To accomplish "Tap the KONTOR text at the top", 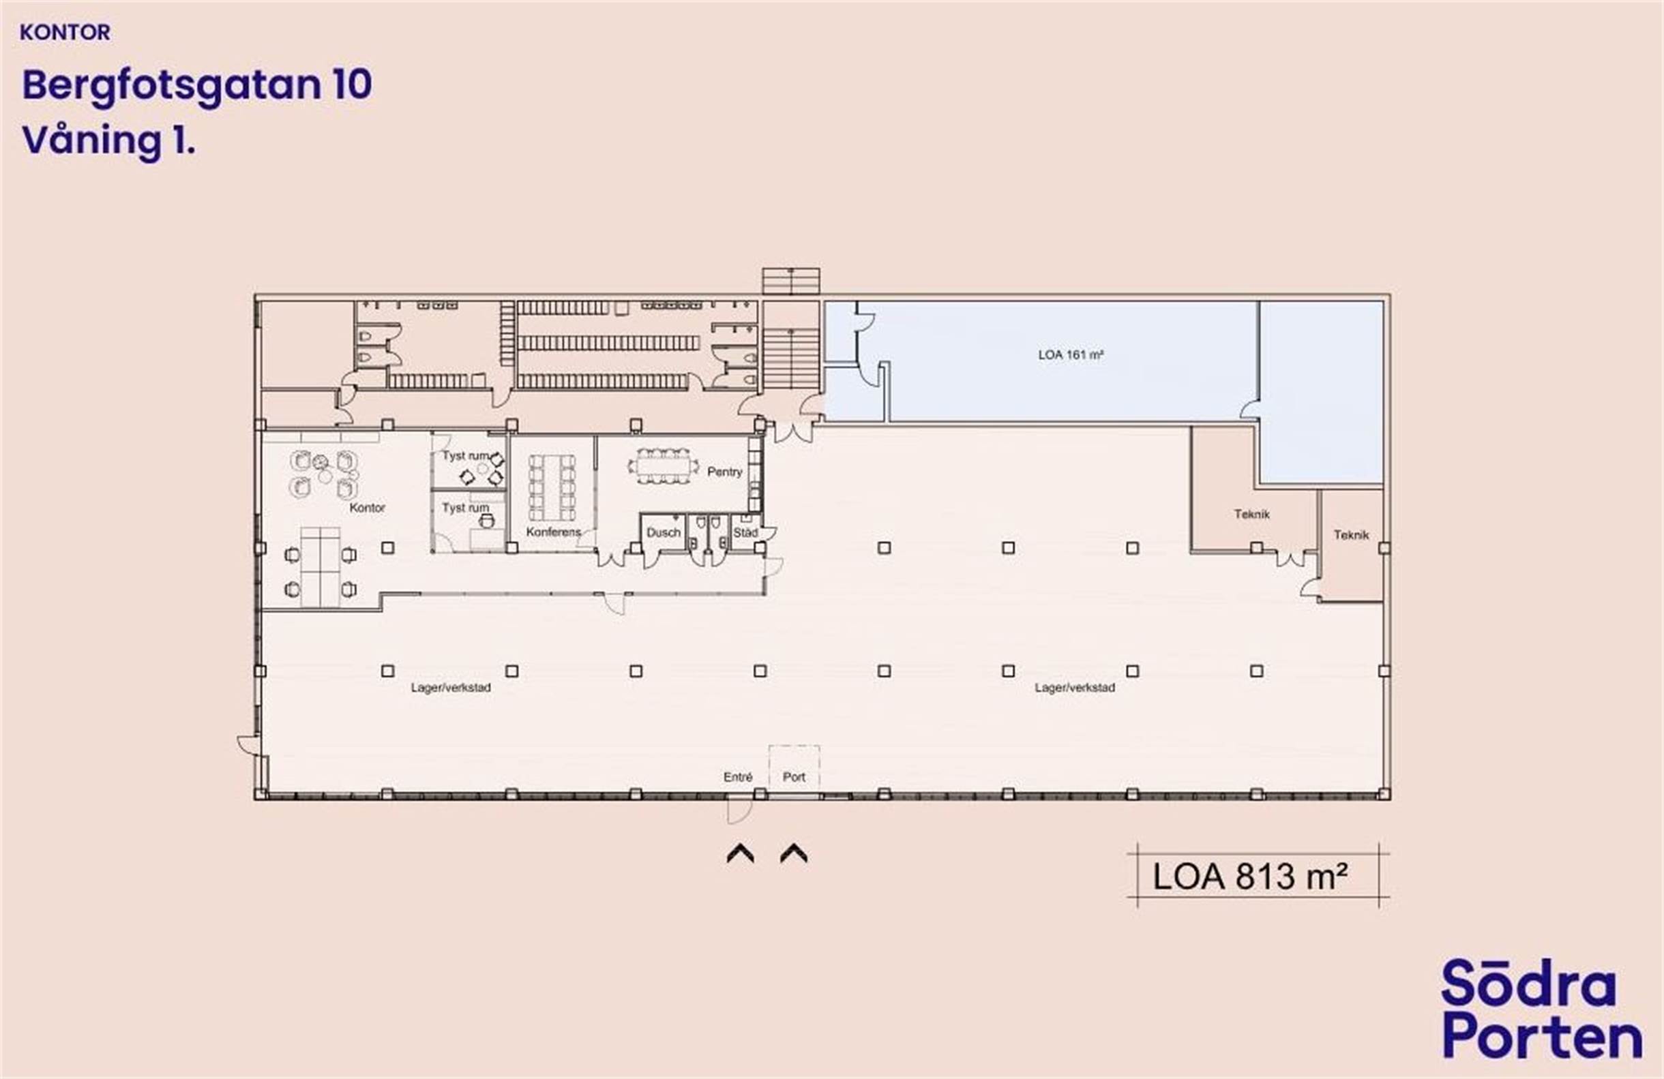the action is point(65,33).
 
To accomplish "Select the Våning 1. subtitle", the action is point(108,140).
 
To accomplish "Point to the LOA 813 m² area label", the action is point(1249,877).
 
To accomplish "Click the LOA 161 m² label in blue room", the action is point(1071,355).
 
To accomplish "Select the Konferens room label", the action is point(553,532).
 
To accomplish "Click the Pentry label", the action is point(724,472).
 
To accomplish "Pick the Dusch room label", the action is point(663,532).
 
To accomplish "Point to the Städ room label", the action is point(745,532).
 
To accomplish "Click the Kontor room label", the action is point(367,507).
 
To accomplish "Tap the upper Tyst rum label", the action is point(465,455).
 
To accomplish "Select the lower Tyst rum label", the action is point(465,507).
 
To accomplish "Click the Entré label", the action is point(738,777).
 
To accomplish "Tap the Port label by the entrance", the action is point(794,777).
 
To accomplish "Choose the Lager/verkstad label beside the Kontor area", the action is point(450,688).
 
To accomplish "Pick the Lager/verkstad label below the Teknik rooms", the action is point(1075,688).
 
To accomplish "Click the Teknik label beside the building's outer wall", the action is point(1351,535).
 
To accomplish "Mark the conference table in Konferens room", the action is point(552,487).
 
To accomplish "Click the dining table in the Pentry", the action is point(663,466).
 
